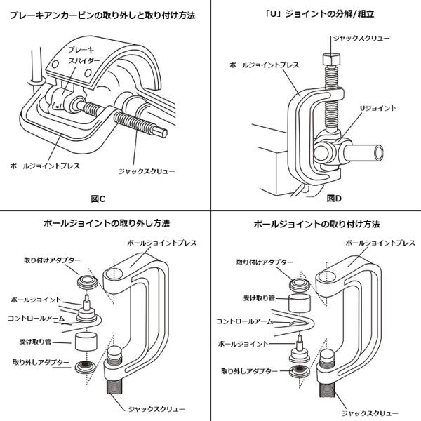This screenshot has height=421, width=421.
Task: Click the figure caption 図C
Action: click(98, 199)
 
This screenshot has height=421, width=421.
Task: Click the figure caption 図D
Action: click(335, 199)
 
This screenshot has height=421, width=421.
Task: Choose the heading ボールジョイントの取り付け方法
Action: click(316, 225)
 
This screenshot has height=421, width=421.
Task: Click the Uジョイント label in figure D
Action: click(378, 108)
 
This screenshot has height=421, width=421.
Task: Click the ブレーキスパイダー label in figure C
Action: click(81, 57)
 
